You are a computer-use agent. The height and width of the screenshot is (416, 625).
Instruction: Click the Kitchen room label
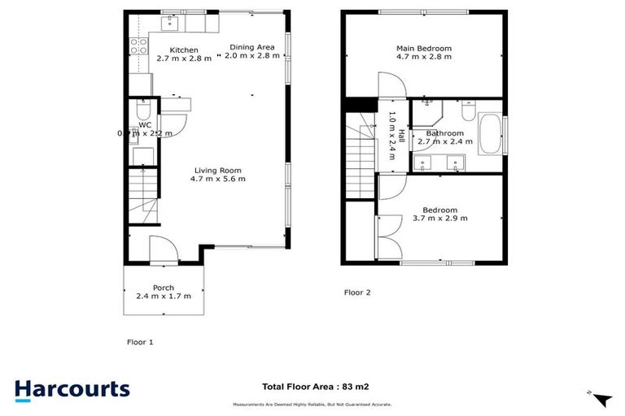point(184,50)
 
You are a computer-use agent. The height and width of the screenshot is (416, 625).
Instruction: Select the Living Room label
point(218,170)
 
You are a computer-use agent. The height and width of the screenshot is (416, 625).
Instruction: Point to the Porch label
point(164,287)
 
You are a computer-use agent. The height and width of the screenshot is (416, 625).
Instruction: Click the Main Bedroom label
point(423,49)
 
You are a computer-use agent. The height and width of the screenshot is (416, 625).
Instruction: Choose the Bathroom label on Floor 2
point(444,133)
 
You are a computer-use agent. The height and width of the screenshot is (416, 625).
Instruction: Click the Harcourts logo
point(72,388)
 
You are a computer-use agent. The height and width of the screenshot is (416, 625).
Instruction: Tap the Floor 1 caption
point(140,342)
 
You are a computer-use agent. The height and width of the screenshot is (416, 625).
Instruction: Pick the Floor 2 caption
point(357,292)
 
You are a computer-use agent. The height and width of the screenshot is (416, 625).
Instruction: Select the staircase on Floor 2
point(360,156)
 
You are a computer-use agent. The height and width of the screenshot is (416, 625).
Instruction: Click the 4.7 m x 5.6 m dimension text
point(218,179)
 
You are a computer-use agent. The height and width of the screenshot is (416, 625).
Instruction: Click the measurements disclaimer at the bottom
point(312,404)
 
